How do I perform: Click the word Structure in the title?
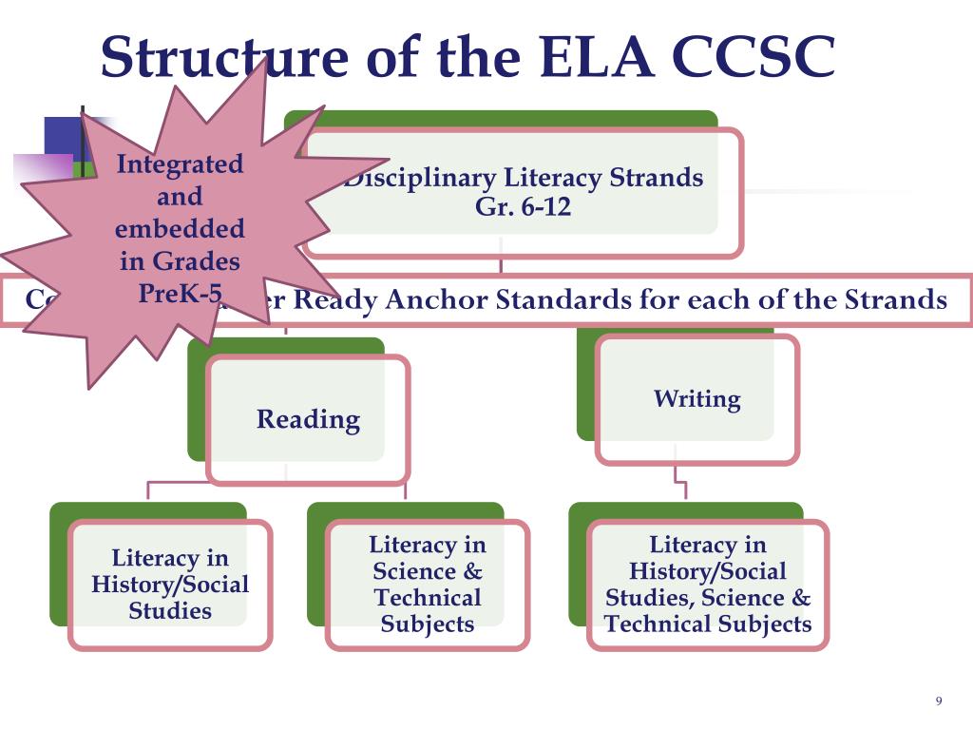coord(224,58)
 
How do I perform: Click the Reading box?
coord(308,419)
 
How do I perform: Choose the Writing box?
coord(696,399)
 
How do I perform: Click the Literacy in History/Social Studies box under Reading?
coord(170,585)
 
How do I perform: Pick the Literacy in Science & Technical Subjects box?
coord(427,585)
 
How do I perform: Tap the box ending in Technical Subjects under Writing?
coord(708,585)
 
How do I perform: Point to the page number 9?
coord(939,701)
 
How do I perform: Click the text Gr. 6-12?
coord(524,207)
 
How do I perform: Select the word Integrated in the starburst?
coord(180,164)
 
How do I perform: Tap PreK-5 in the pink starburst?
coord(180,292)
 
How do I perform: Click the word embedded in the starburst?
coord(180,229)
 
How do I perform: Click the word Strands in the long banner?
coord(896,300)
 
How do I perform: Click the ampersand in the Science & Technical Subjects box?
coord(472,572)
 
